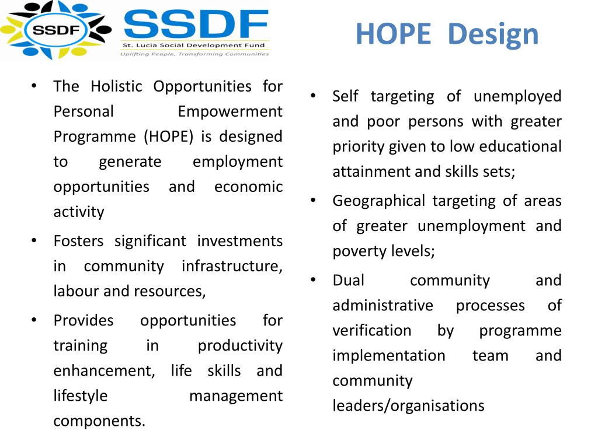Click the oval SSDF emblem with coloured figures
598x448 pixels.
56,29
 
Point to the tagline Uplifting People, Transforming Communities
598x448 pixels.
194,54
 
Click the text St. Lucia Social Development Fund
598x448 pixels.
194,45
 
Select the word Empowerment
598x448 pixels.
230,111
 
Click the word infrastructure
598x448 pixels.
232,266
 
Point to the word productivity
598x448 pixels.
240,345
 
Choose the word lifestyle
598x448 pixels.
81,395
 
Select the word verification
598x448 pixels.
372,330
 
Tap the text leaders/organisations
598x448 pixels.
408,405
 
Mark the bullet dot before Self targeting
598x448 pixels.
314,95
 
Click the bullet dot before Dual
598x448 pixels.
314,279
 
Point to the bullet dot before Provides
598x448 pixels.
34,319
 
